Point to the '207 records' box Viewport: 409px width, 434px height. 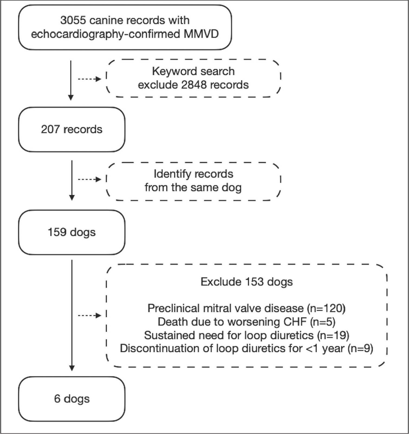tap(72, 129)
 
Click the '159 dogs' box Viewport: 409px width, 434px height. tap(72, 232)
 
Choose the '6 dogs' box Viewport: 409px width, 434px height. tap(72, 399)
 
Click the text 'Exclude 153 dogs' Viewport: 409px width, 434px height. tap(246, 282)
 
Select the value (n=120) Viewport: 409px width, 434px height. tap(326, 308)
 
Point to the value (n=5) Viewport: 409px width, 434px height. tap(323, 322)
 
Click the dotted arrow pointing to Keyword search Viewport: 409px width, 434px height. tap(90, 79)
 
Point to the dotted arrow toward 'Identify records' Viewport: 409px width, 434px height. tap(90, 179)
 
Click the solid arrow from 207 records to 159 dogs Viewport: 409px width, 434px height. tap(72, 180)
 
